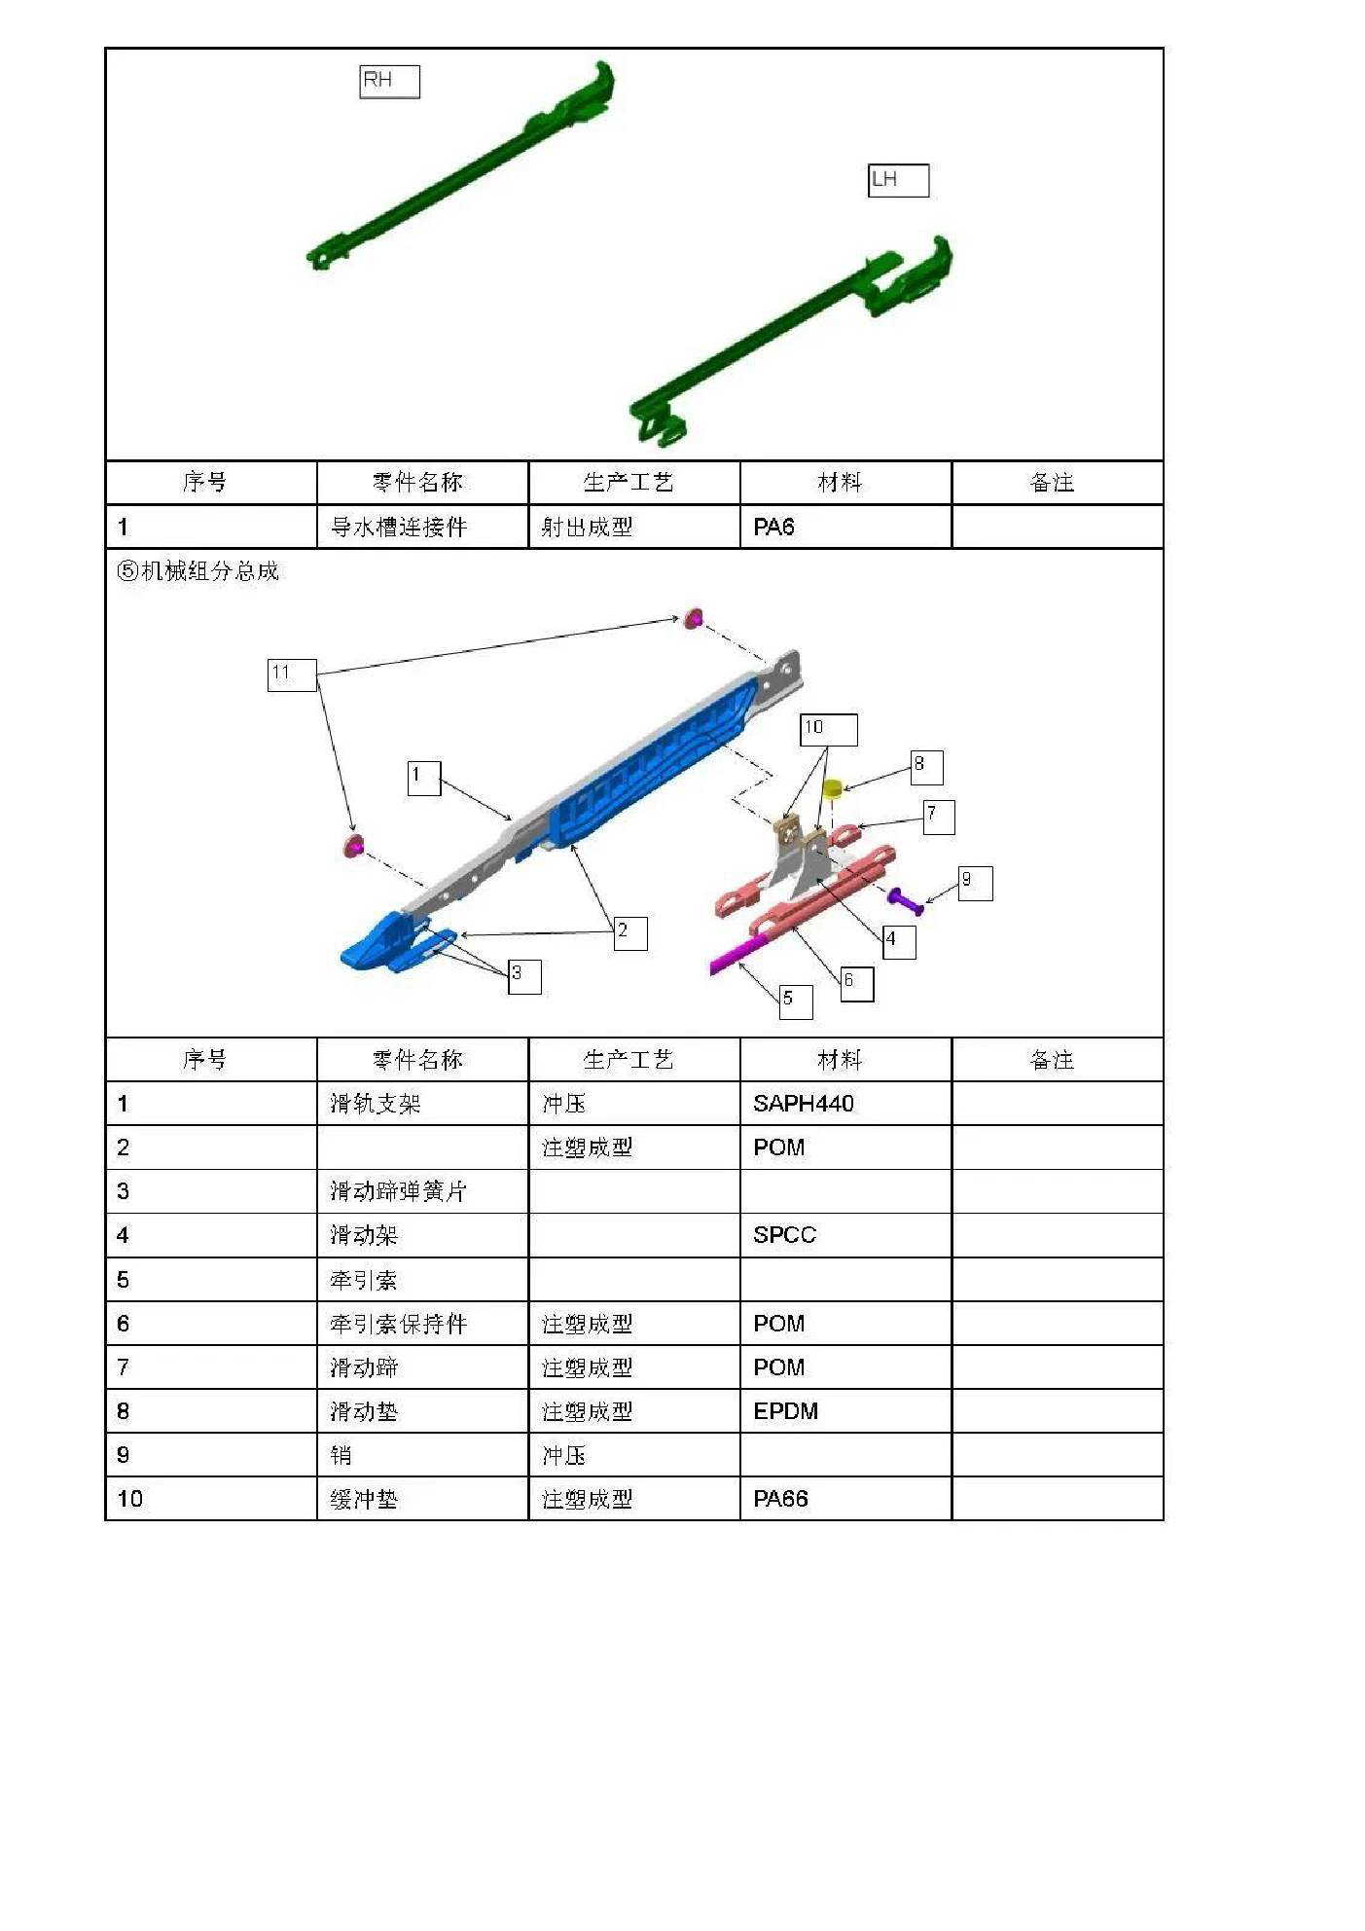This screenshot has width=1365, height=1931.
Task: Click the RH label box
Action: [x=389, y=82]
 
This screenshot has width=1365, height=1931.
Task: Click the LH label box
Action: [x=898, y=180]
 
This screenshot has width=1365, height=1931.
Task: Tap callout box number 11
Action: [x=292, y=674]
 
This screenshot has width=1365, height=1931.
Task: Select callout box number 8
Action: [x=926, y=767]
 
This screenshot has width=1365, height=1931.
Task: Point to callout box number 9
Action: [x=975, y=883]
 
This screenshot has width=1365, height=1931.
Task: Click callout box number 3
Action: [x=524, y=976]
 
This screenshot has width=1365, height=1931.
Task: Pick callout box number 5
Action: [x=796, y=1002]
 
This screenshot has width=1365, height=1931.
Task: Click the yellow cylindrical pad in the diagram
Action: [x=832, y=786]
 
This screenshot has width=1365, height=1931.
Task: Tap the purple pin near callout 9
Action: [x=905, y=900]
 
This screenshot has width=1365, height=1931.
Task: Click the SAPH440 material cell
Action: [x=845, y=1104]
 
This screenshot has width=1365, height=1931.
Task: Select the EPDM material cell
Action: [x=845, y=1411]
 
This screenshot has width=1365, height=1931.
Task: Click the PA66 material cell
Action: [x=845, y=1499]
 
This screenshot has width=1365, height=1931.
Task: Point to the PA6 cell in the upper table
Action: [x=845, y=527]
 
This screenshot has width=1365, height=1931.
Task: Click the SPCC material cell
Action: [x=845, y=1235]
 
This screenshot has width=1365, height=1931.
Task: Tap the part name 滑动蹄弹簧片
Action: [x=398, y=1191]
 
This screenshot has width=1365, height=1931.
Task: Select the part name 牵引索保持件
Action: [x=398, y=1324]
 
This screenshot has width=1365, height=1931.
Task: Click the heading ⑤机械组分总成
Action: [x=198, y=571]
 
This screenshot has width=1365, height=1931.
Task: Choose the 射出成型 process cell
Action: [x=634, y=527]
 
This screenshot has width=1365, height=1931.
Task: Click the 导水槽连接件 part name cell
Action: [x=422, y=527]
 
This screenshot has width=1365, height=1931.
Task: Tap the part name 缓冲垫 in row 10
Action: [x=364, y=1499]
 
